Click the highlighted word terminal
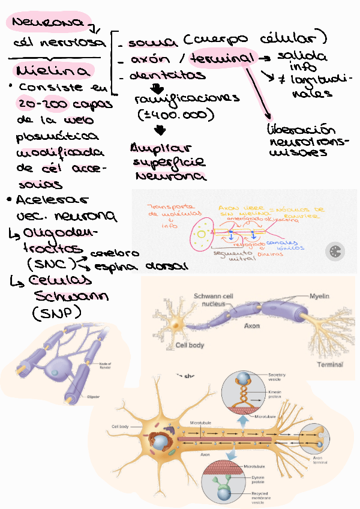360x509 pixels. (221, 58)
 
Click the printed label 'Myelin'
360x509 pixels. (320, 297)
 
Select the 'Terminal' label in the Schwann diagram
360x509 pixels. (330, 364)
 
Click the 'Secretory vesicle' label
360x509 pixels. (277, 377)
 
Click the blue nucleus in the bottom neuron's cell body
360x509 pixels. (160, 443)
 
